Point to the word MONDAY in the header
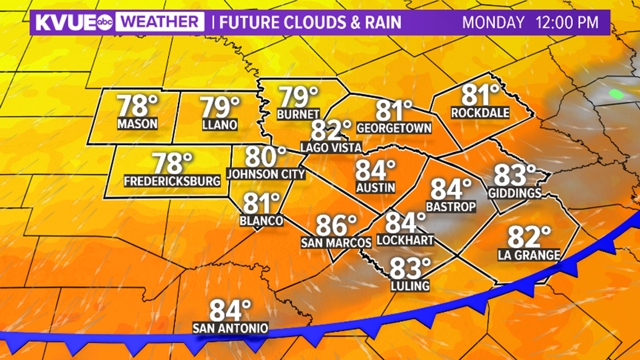[x=492, y=22]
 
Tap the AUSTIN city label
[x=376, y=188]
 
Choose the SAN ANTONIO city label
[x=230, y=329]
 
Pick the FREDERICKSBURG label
[x=172, y=181]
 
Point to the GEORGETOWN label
[x=394, y=128]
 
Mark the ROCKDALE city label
[x=481, y=113]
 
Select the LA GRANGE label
[x=529, y=256]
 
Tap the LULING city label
[x=410, y=286]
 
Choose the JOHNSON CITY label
[x=266, y=174]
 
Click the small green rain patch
[x=616, y=94]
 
